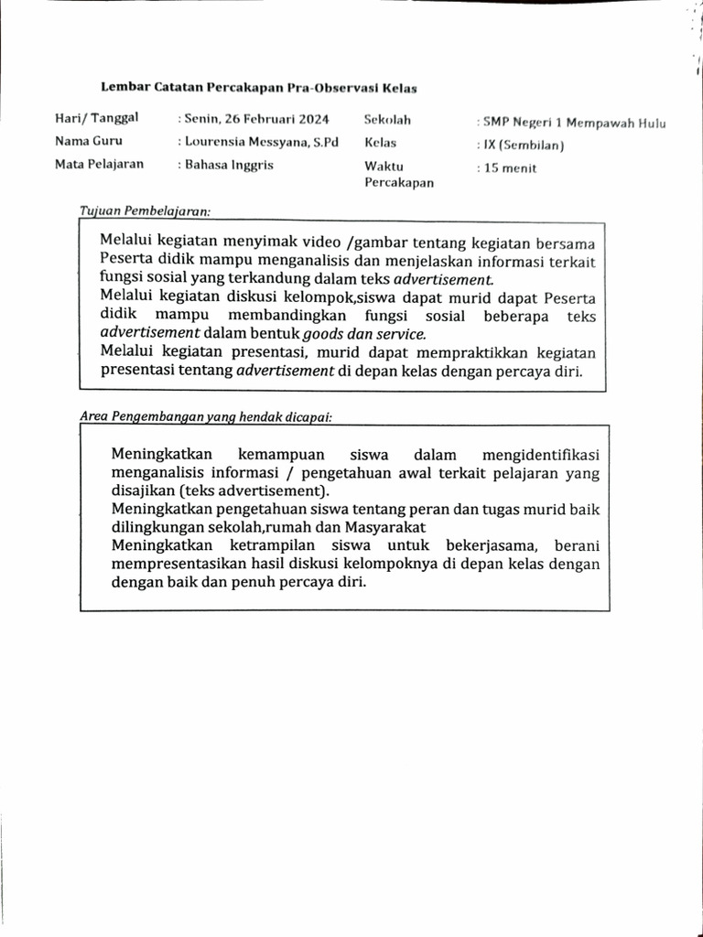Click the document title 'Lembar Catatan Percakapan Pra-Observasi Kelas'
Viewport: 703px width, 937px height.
coord(259,88)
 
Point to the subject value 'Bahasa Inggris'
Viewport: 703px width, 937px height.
coord(229,165)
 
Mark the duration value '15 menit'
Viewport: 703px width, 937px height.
coord(510,168)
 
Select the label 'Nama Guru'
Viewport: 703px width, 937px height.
coord(89,142)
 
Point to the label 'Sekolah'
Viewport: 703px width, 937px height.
coord(387,119)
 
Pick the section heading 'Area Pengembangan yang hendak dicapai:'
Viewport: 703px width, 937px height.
coord(206,416)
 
